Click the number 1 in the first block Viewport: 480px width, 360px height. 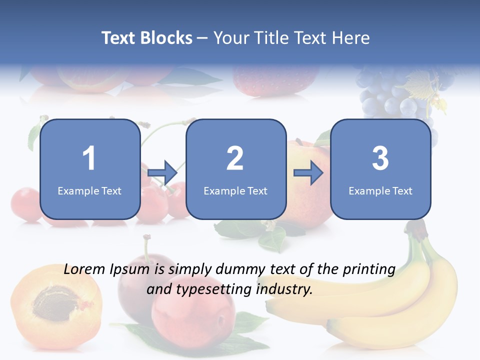89,158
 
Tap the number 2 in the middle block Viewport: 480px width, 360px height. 235,158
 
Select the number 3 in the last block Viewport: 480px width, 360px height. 380,158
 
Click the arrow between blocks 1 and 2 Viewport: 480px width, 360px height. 163,172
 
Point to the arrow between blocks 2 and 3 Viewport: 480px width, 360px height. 308,172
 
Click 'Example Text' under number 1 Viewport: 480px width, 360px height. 89,190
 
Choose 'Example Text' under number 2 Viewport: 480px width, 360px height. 235,190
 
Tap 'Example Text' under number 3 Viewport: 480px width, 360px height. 380,190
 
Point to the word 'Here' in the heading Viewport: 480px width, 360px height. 350,38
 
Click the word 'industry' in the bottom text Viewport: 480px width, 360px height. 283,289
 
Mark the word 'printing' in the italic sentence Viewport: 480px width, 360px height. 368,270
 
